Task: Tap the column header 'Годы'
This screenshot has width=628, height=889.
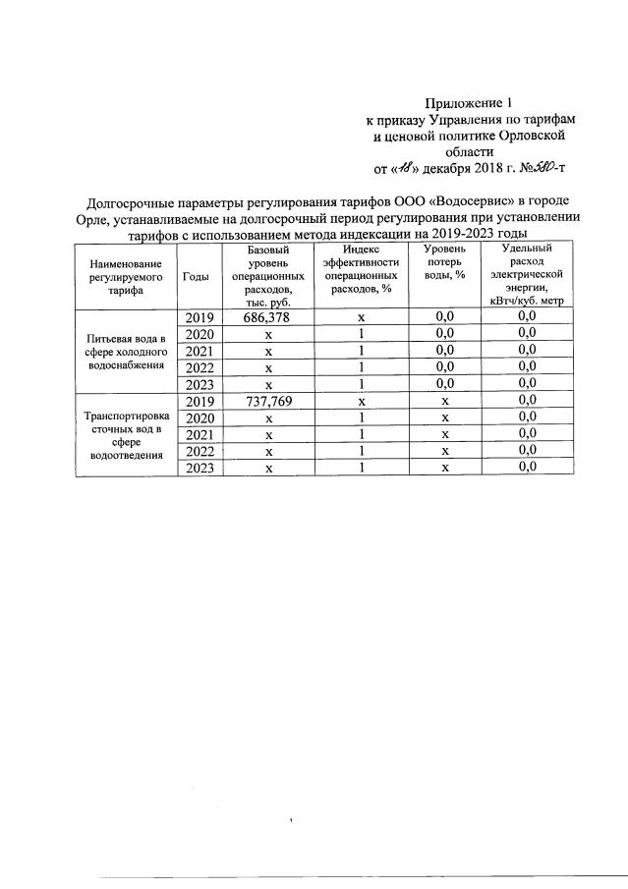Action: pos(196,278)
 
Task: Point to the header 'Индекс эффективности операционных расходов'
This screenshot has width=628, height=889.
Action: pos(361,270)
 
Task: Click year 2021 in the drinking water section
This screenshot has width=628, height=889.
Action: pos(200,351)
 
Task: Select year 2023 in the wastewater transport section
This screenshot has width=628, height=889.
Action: pos(200,469)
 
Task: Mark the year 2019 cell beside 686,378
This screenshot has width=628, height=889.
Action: pos(200,316)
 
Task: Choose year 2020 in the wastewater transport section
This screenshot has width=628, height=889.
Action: pos(200,418)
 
